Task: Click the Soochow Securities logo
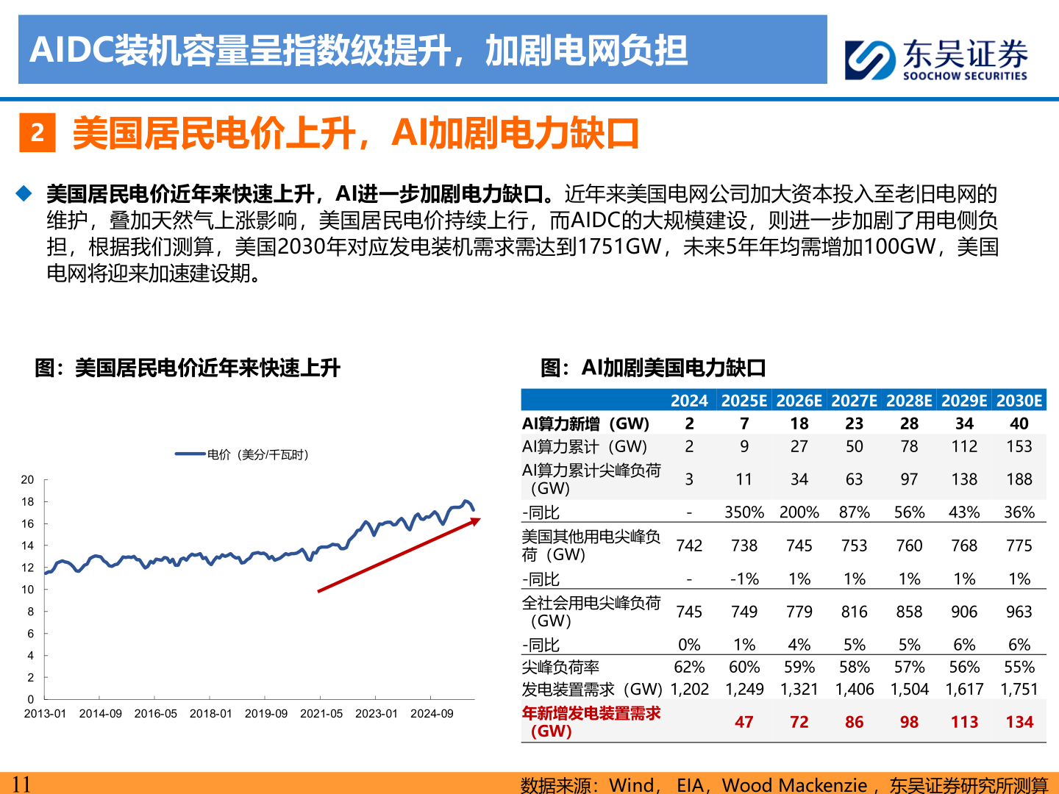pos(935,59)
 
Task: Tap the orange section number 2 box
pos(37,133)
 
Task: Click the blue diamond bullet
pos(24,193)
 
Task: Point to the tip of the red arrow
pos(478,519)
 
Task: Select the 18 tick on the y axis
pos(28,501)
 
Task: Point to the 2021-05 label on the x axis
pos(321,713)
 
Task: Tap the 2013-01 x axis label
pos(45,713)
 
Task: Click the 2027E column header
pos(854,401)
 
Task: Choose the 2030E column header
pos(1019,401)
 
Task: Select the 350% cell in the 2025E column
pos(744,512)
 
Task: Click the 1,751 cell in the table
pos(1019,690)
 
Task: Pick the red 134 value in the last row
pos(1019,722)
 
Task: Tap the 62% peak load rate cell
pos(689,667)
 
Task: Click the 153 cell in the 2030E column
pos(1019,446)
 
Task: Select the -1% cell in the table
pos(744,579)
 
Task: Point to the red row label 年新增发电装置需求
pos(591,721)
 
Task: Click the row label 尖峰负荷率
pos(560,667)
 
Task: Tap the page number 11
pos(21,784)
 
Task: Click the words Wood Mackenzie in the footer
pos(794,785)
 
